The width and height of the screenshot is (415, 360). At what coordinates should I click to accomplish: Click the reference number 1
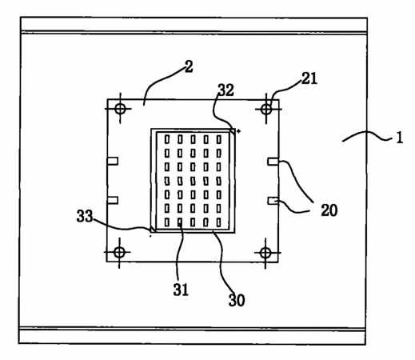[399, 138]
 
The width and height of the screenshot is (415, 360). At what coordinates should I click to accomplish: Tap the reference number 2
[189, 66]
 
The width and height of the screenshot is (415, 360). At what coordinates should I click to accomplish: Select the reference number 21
[309, 78]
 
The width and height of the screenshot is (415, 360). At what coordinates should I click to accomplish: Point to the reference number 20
[329, 210]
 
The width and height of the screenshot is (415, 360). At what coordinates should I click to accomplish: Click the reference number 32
[226, 90]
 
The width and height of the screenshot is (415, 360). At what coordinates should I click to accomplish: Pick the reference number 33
[85, 216]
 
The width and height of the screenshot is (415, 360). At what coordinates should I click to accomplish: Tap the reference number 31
[181, 290]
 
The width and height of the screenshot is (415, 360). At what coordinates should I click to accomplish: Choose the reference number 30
[237, 300]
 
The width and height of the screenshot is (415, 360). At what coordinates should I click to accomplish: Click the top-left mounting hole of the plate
[120, 109]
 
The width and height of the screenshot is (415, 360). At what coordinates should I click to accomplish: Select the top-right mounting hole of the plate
[266, 109]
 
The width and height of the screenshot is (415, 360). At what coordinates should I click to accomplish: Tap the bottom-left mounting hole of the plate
[119, 252]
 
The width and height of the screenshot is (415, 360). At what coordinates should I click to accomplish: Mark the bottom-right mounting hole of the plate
[265, 253]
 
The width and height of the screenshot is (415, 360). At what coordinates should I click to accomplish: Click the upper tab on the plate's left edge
[113, 161]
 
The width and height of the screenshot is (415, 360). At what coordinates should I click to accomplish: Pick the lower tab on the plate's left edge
[113, 200]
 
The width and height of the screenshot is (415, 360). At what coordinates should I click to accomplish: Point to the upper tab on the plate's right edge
[273, 162]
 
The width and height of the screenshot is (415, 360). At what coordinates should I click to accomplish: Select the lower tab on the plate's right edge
[273, 201]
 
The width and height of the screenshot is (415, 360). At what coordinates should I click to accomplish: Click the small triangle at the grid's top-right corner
[233, 131]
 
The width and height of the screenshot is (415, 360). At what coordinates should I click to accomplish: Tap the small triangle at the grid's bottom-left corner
[153, 230]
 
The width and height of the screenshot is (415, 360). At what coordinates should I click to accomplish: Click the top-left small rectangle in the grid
[167, 139]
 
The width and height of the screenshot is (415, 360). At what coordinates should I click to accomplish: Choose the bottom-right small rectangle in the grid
[219, 222]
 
